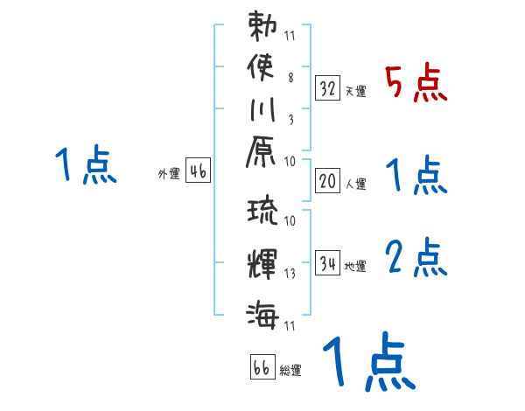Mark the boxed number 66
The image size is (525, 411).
coord(262,367)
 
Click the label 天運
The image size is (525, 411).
coord(355,91)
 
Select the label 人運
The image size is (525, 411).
coord(356,184)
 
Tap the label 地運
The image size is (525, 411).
coord(356,266)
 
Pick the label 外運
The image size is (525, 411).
coord(168,174)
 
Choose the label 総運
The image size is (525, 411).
coord(290,371)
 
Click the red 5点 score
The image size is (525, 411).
coord(416,83)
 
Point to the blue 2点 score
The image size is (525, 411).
coord(416,258)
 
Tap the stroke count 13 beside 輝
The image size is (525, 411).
coord(290,274)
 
